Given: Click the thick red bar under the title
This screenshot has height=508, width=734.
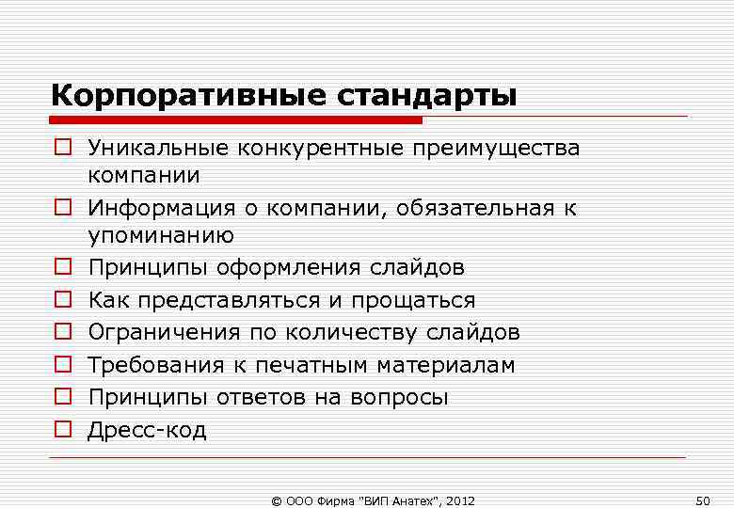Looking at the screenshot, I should point(235,119).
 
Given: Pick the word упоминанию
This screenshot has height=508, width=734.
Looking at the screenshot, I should point(161,234).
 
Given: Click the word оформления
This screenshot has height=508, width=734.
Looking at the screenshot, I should point(280,268).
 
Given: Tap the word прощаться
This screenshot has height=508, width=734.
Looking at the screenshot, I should point(414,300).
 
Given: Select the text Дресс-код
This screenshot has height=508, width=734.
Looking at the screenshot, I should point(147,430).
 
